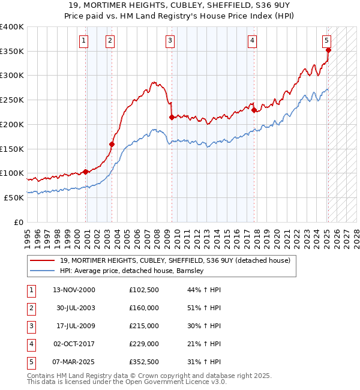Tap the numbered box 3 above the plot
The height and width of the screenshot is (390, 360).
pyautogui.click(x=170, y=41)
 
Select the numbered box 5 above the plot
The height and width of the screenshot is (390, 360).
pyautogui.click(x=326, y=41)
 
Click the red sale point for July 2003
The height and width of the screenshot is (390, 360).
pyautogui.click(x=112, y=144)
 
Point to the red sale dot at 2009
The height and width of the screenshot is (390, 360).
pyautogui.click(x=172, y=117)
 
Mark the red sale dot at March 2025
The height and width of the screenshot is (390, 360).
pyautogui.click(x=328, y=50)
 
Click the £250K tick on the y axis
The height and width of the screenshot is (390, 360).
pyautogui.click(x=12, y=100)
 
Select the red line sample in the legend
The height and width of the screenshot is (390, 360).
pyautogui.click(x=43, y=260)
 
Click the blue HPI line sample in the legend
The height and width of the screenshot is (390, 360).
pyautogui.click(x=43, y=271)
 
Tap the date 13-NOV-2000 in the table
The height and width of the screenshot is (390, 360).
pyautogui.click(x=74, y=290)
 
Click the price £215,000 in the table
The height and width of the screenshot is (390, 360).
pyautogui.click(x=144, y=326)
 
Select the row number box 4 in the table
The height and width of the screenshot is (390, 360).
pyautogui.click(x=31, y=344)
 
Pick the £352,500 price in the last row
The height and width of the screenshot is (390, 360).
pyautogui.click(x=144, y=362)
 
